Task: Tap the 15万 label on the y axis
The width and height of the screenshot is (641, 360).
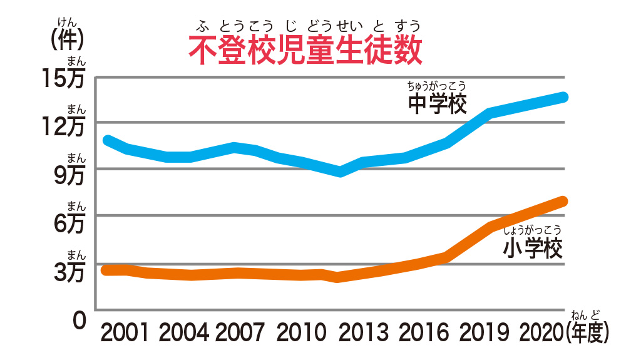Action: [64, 80]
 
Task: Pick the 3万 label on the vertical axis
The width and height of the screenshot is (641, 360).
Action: [69, 272]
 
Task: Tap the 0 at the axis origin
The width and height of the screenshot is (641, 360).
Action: [78, 320]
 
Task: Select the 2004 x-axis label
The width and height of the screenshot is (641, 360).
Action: [183, 332]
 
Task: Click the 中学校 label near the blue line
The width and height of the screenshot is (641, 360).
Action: [438, 103]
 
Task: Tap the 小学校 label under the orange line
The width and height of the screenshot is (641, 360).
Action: [533, 249]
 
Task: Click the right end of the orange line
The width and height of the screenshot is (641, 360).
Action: [563, 201]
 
